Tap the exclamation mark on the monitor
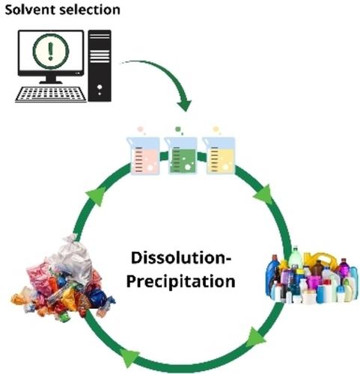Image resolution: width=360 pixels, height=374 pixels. coord(51,51)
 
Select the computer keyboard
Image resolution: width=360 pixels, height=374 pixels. coord(51,94)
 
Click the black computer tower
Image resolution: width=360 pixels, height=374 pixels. coord(100,66)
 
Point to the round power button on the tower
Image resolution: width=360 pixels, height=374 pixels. coord(100,87)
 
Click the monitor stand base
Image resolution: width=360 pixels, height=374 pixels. coord(51,82)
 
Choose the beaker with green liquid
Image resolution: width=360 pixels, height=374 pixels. coord(180,155)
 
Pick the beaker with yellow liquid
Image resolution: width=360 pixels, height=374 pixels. coord(219,155)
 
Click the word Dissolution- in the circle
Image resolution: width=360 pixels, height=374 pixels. coord(181,258)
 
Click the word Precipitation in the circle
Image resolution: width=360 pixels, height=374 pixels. coord(181,281)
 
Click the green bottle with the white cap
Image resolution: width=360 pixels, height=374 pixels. coord(296,258)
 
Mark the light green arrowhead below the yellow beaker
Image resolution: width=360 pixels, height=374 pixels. coord(263,194)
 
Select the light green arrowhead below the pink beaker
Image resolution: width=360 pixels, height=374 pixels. coord(97,196)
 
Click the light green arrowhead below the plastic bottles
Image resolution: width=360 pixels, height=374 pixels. coord(255,337)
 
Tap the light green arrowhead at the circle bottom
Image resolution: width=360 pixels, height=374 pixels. coord(129,358)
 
